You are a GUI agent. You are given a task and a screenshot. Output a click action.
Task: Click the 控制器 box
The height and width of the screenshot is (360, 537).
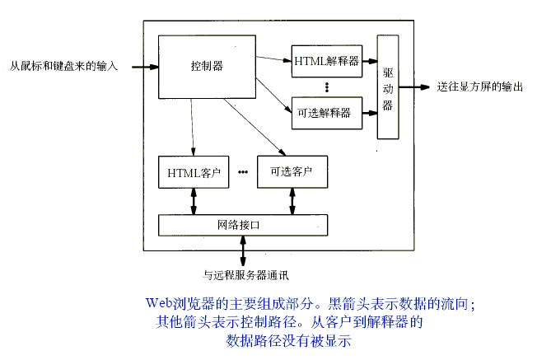206,65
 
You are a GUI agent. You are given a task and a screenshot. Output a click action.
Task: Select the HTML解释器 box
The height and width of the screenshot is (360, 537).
326,60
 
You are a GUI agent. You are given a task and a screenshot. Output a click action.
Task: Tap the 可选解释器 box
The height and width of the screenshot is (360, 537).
326,111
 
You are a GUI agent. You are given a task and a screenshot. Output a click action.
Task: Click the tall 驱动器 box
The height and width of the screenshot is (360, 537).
388,86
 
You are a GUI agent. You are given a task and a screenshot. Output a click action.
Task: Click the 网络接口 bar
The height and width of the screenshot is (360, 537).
242,223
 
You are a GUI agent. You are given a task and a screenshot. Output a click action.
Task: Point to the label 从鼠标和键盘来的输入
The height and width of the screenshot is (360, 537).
64,65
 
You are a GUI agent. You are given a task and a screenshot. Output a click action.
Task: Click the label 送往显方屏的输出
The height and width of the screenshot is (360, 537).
480,86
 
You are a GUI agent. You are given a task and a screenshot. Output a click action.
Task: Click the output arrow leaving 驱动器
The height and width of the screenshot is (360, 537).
416,86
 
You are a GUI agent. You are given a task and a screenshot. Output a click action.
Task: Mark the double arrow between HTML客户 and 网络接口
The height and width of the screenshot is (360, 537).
194,200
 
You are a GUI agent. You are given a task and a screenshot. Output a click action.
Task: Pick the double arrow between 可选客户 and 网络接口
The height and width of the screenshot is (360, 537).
292,200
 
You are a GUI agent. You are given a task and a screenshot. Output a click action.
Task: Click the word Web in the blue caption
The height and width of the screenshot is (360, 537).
161,302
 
